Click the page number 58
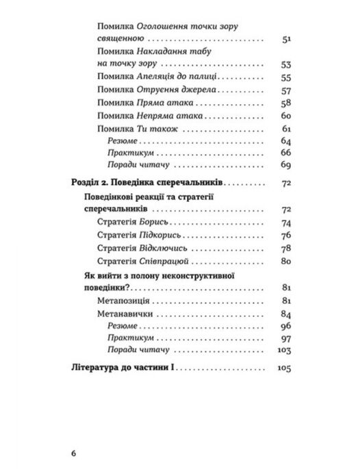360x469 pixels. (286, 103)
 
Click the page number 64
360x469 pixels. (286, 141)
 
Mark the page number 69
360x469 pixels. (286, 166)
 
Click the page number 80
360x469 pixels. (286, 261)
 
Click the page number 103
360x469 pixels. (284, 351)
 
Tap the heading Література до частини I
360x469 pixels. (124, 369)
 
